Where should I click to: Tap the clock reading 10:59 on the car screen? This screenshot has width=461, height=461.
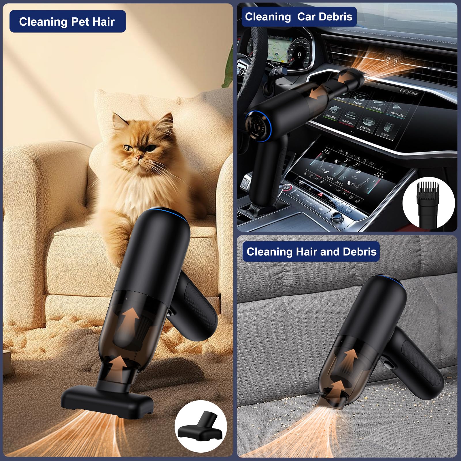coord(414,93)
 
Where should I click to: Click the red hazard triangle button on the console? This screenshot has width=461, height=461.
coord(320,195)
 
